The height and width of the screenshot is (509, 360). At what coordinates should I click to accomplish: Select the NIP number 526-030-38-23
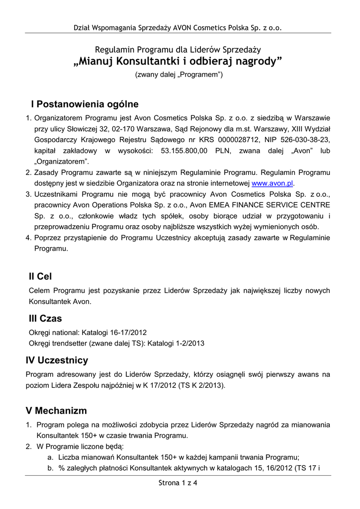click(302, 140)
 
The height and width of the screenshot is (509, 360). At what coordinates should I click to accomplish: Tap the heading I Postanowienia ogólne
click(85, 104)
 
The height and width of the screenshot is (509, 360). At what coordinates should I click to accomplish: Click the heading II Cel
click(40, 276)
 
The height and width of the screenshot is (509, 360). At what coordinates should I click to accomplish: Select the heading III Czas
click(45, 318)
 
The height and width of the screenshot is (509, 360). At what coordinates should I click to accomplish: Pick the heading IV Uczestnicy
click(57, 360)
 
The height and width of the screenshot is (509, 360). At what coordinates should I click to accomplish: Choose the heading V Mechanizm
click(56, 411)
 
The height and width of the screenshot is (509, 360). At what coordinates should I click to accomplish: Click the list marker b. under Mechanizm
click(51, 468)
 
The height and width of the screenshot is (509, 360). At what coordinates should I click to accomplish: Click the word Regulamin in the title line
click(114, 49)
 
